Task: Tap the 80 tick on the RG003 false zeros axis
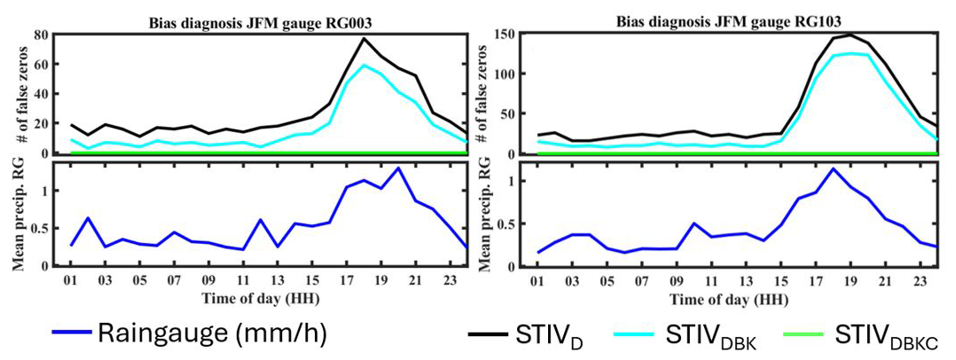click(x=40, y=35)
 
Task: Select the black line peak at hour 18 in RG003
click(x=364, y=37)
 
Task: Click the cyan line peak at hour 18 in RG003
click(x=364, y=65)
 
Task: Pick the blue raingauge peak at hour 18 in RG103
click(x=833, y=168)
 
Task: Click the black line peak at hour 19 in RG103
click(x=851, y=35)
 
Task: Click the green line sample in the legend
click(x=806, y=334)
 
